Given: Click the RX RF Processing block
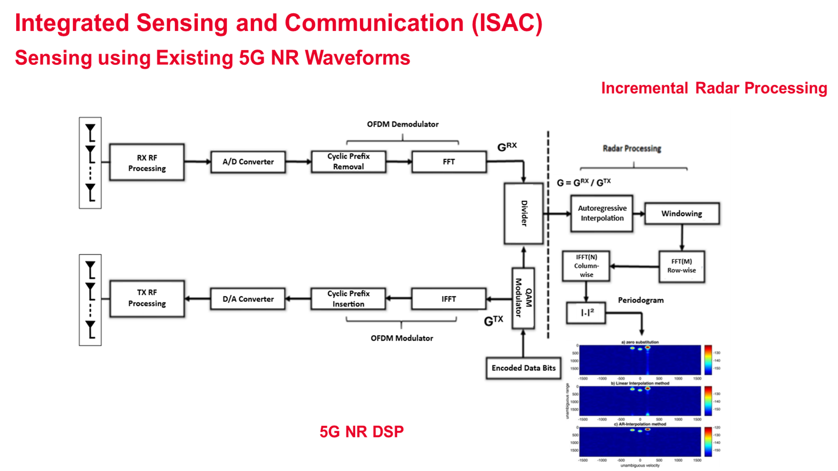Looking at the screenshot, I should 147,162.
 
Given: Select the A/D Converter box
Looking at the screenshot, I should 248,162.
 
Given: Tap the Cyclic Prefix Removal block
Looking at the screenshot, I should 348,162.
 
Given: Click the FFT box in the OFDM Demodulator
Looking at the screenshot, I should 449,162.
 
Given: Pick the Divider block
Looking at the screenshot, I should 523,213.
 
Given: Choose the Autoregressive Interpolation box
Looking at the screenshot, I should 602,213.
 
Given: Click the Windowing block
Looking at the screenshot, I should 681,214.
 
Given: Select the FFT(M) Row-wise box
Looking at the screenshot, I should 681,266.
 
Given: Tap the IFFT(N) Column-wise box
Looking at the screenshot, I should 586,266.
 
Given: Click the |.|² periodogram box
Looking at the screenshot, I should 586,313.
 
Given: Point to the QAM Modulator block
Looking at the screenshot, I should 523,298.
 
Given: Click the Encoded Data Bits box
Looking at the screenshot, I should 523,368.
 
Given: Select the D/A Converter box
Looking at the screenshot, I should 248,299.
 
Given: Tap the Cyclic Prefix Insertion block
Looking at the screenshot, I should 348,299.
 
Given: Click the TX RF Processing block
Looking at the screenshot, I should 147,298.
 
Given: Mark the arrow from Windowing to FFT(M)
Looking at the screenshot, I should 682,238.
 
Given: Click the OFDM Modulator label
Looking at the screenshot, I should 402,338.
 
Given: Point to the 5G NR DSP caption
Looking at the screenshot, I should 361,432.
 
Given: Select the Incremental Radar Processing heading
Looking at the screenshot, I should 714,88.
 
